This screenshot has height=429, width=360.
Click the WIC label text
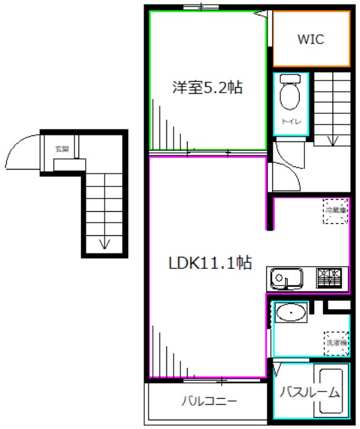pyautogui.click(x=310, y=40)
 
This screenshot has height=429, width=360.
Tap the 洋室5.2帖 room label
pyautogui.click(x=206, y=86)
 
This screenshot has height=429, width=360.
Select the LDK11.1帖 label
pyautogui.click(x=210, y=263)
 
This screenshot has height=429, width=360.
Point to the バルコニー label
pyautogui.click(x=208, y=402)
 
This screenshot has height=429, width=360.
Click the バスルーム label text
pyautogui.click(x=310, y=392)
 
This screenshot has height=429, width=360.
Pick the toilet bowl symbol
pyautogui.click(x=291, y=94)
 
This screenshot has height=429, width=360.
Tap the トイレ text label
pyautogui.click(x=290, y=121)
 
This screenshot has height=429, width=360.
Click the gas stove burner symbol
pyautogui.click(x=329, y=277)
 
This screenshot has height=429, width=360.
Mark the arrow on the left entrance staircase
pyautogui.click(x=103, y=243)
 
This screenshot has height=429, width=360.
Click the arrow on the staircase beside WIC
pyautogui.click(x=333, y=139)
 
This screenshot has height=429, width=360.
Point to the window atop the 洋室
pyautogui.click(x=201, y=7)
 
